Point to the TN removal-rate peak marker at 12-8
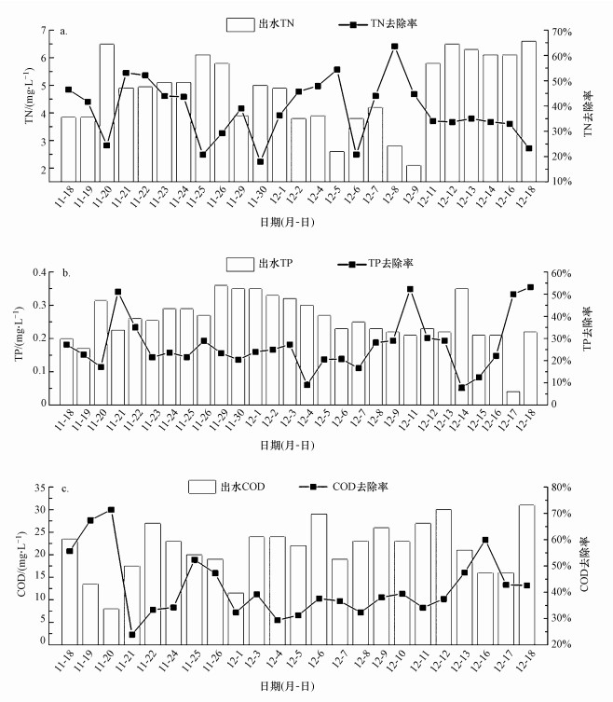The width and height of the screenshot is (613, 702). [x=394, y=46]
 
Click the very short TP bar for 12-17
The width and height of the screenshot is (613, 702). [x=512, y=398]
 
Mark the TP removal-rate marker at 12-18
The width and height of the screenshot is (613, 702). [x=530, y=287]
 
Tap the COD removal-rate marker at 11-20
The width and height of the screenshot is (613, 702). [x=111, y=510]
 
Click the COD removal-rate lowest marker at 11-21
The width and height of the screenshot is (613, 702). [x=131, y=635]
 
